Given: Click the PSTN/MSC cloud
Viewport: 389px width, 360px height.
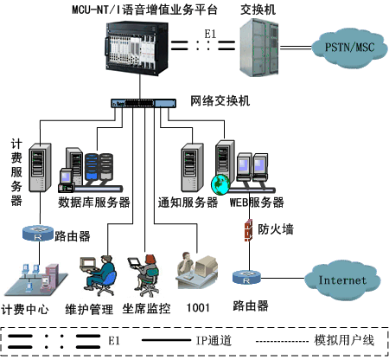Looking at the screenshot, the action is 349,48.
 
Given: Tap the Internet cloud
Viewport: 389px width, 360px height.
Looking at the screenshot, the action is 342,280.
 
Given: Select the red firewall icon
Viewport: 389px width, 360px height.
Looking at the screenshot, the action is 248,230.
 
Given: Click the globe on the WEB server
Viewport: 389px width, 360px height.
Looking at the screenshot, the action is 220,185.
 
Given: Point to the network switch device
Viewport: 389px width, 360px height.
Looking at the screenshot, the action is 143,103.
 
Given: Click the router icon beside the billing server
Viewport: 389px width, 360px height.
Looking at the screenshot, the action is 38,233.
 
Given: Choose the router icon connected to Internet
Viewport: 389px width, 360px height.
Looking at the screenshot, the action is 246,278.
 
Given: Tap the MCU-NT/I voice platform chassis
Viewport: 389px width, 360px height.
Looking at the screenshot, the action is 137,48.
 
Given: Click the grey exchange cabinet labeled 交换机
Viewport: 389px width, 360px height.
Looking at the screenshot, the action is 259,48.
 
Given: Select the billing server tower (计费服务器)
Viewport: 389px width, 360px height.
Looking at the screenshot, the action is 40,168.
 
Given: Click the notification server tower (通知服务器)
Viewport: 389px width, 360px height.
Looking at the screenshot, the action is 192,168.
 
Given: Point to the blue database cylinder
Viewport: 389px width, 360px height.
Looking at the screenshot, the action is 92,167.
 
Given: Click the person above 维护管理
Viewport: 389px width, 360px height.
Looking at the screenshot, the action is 98,274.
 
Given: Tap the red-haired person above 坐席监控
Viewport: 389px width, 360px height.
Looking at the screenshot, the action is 144,275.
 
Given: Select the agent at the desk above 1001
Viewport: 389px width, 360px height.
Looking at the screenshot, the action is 196,271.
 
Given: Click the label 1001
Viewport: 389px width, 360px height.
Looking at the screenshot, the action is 198,308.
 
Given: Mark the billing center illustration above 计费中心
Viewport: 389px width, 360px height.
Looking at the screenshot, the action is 36,280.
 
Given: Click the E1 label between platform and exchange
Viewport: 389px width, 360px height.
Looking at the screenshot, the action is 210,34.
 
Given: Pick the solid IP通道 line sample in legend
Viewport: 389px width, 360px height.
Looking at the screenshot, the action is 167,340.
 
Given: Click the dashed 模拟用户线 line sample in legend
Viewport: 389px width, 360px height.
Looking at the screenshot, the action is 283,342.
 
